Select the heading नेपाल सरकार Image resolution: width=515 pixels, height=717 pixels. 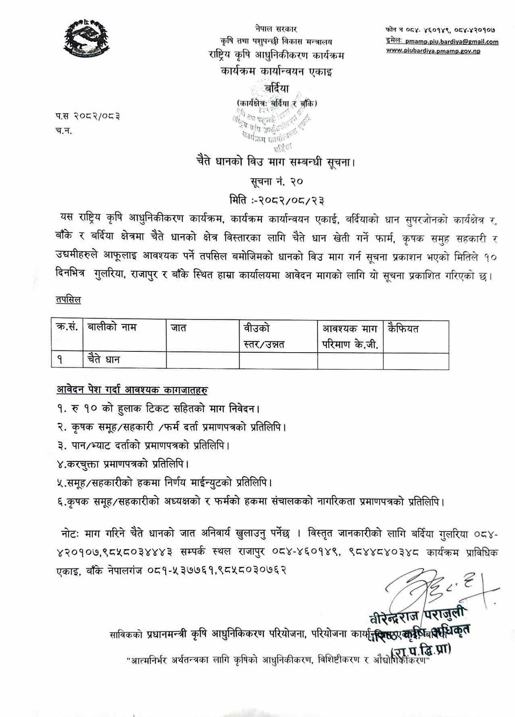(273, 29)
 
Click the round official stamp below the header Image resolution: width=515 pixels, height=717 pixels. (272, 128)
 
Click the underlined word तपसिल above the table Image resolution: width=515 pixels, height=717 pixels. (68, 300)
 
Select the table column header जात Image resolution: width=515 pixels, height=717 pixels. (179, 328)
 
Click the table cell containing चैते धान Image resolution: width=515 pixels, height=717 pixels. (104, 359)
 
